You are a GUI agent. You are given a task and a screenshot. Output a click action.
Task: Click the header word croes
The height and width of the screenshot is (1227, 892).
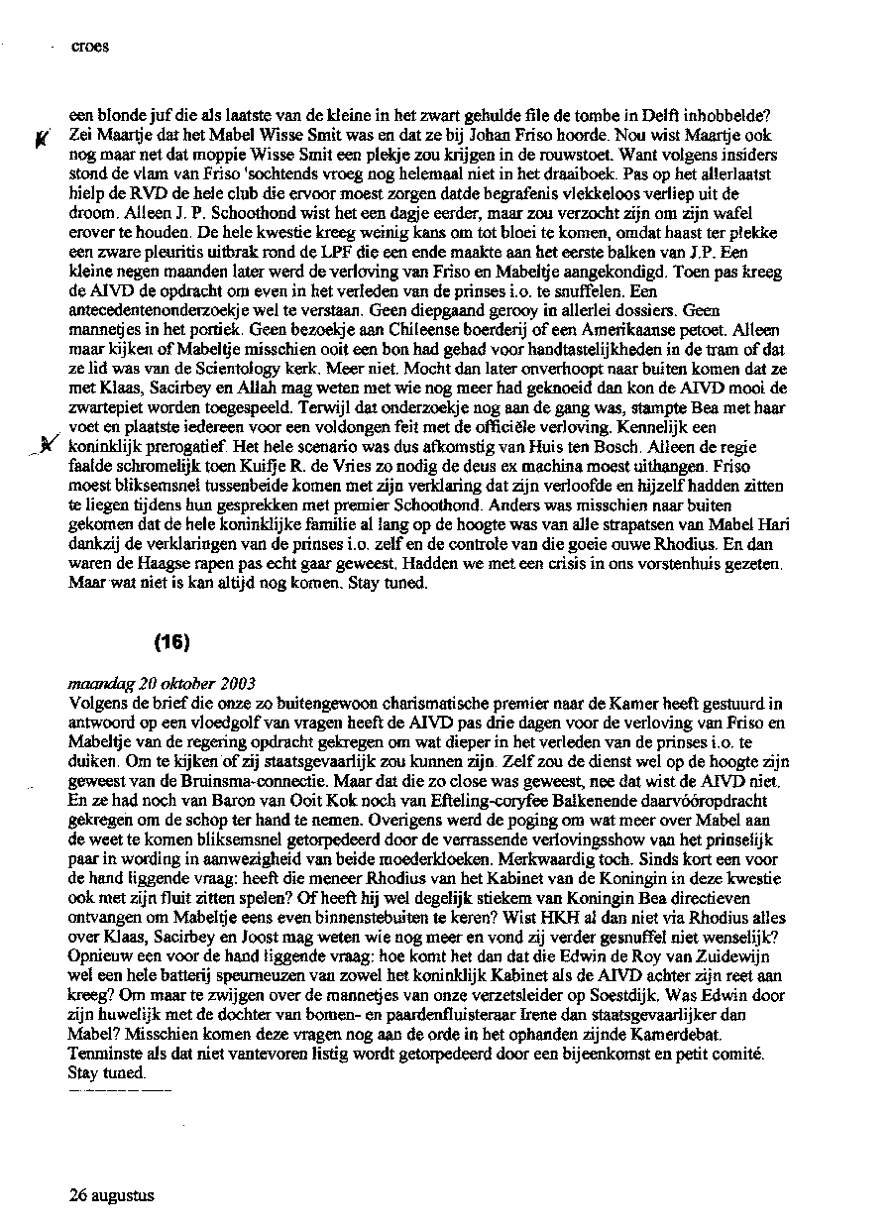90,46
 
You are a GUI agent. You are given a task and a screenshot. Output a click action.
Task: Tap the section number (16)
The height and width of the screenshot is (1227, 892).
172,642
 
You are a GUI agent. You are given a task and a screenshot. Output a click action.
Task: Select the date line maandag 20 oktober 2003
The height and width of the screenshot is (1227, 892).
163,684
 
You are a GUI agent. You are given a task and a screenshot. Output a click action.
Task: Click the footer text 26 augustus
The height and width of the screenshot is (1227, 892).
112,1195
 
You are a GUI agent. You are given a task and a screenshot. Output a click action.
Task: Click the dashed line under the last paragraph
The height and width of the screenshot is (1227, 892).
121,1090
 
